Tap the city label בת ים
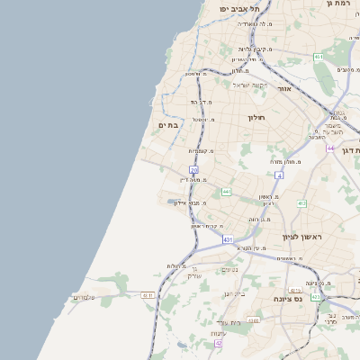[167, 125]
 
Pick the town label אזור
[283, 91]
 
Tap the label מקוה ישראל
[251, 85]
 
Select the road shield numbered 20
[193, 169]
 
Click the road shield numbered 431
[229, 239]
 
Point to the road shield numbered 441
[226, 192]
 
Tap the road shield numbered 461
[319, 58]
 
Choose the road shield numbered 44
[330, 148]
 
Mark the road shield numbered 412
[301, 202]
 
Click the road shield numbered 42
[218, 343]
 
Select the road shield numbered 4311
[148, 294]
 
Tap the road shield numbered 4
[279, 175]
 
